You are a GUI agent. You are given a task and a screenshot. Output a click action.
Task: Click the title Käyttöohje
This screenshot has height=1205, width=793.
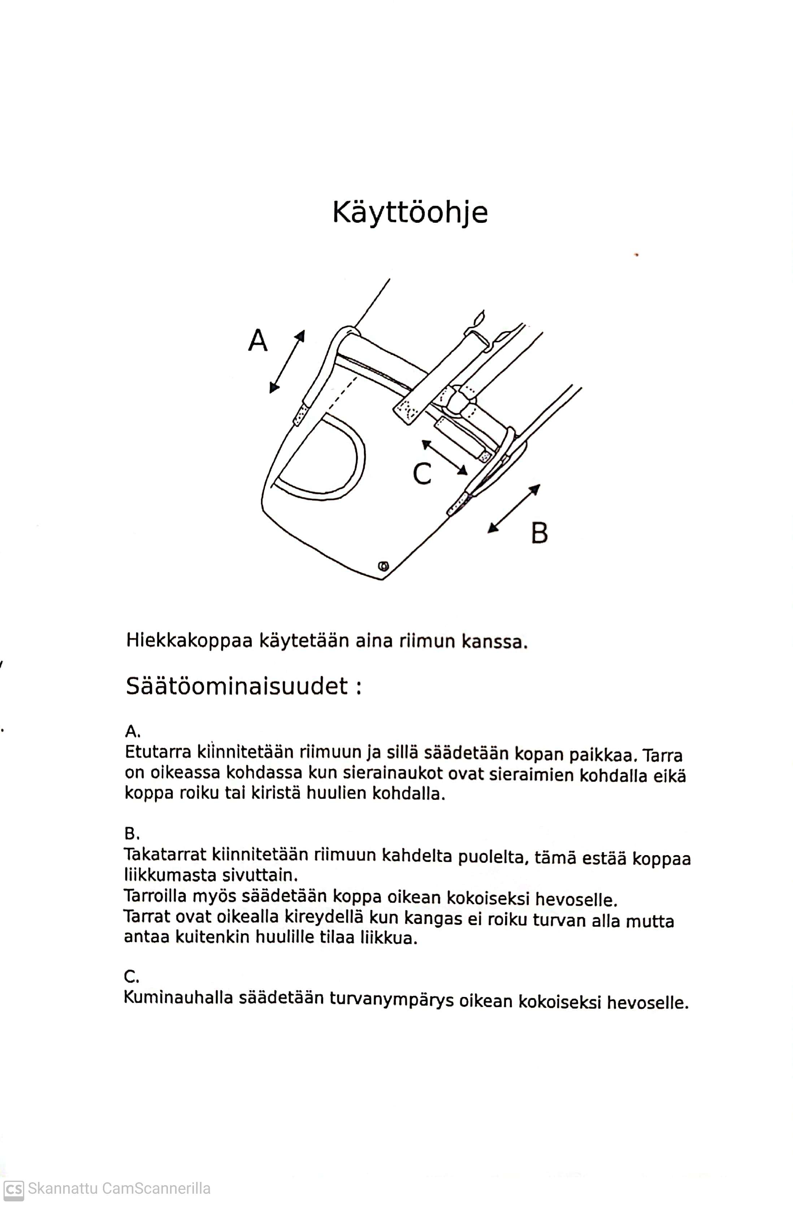409,213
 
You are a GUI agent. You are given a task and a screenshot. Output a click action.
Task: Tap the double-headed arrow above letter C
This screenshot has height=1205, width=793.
445,457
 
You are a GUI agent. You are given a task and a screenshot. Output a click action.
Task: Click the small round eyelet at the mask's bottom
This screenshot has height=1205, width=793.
383,565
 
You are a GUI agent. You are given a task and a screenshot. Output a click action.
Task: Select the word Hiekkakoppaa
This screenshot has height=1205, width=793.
189,641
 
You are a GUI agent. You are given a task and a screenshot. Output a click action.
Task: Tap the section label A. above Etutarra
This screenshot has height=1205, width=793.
133,731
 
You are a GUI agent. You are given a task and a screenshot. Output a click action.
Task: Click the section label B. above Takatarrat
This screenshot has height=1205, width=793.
132,833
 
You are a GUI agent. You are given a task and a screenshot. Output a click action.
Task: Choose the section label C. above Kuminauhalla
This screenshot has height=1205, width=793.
131,976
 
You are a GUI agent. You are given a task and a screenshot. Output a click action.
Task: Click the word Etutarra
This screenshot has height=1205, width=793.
157,753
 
